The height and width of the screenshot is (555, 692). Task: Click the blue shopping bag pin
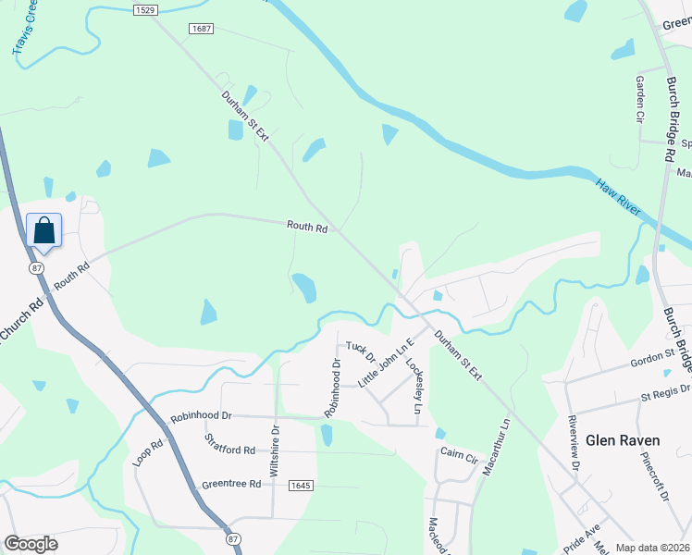pos(44,229)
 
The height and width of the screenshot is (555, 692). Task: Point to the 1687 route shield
pos(201,30)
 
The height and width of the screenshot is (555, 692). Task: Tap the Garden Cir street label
pos(639,99)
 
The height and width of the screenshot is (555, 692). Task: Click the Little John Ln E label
pos(388,363)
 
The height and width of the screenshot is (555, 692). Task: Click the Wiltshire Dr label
pos(274,450)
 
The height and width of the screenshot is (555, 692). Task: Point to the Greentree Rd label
pos(231,485)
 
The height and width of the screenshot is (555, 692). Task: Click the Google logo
pos(31,544)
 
